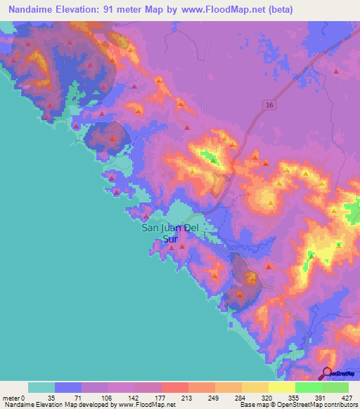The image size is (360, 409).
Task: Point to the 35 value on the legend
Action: tap(41, 398)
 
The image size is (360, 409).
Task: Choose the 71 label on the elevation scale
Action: tap(68, 398)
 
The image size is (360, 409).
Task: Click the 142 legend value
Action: tap(122, 398)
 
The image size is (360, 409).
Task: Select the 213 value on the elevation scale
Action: tap(175, 398)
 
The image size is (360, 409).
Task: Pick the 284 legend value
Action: tap(229, 398)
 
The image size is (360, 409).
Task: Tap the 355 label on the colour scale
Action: tap(282, 398)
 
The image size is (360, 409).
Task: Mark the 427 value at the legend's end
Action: tap(335, 398)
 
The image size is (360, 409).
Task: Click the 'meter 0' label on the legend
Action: tap(13, 398)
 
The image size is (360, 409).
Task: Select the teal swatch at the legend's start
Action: tap(41, 387)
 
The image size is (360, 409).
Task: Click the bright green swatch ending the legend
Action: tap(335, 387)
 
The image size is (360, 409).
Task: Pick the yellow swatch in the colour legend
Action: tap(281, 387)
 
